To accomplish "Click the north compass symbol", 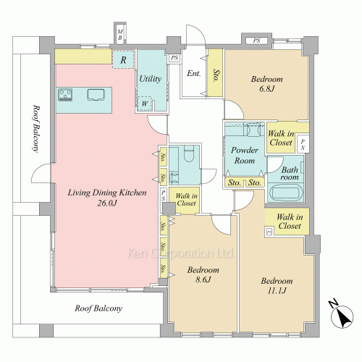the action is [x=341, y=314].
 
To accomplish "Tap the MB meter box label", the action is [x=120, y=35].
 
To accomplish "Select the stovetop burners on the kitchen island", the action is [x=65, y=95].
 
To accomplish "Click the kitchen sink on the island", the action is [x=96, y=94].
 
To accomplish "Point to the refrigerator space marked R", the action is [x=123, y=59].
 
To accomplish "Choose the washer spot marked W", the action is [x=144, y=104].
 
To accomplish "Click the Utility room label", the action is [x=151, y=79].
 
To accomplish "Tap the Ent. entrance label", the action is [x=194, y=73].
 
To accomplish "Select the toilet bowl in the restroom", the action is [x=189, y=153].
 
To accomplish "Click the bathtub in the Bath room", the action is [x=286, y=193].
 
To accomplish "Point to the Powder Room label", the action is [x=245, y=155].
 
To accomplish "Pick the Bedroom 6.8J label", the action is [x=266, y=84].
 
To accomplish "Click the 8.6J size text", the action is [x=203, y=279].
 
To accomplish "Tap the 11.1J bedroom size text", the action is [x=277, y=290].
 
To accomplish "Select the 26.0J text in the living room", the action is [x=107, y=203].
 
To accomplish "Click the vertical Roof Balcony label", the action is [x=35, y=128].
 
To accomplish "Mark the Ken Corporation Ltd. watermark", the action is [x=180, y=253].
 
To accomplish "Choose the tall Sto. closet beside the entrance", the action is [x=215, y=73].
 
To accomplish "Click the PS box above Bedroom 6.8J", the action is [x=256, y=41].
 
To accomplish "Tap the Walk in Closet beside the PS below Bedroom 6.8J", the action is [x=281, y=138].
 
